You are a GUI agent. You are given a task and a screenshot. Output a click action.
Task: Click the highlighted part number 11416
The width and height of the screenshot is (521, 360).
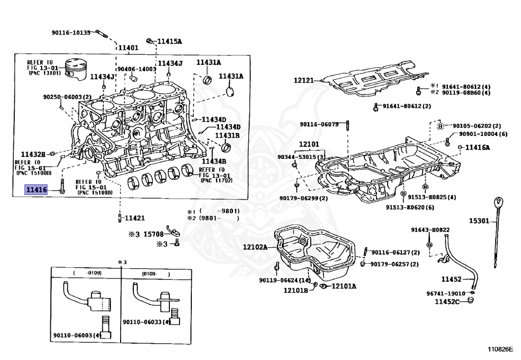tap(37, 190)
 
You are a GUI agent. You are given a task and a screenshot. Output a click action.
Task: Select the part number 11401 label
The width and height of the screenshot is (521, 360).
tap(128, 48)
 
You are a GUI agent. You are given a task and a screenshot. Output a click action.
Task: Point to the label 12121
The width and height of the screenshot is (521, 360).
tap(304, 80)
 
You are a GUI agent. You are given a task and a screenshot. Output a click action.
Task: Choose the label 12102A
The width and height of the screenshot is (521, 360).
tap(255, 247)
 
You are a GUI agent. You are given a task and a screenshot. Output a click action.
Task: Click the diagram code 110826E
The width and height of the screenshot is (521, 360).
tap(500, 349)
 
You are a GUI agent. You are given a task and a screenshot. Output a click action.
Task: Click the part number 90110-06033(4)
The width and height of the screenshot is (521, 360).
tap(147, 322)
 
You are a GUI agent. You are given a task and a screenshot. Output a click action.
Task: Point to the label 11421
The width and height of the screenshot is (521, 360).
tap(135, 218)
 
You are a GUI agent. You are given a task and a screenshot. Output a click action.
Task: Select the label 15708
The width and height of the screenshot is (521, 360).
tap(153, 235)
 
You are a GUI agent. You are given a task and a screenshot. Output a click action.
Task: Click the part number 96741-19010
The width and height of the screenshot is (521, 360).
tap(446, 293)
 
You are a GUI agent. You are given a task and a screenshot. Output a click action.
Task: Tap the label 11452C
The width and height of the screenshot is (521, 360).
tap(447, 302)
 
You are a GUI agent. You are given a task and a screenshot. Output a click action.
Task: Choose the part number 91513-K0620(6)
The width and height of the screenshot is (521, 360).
tap(410, 207)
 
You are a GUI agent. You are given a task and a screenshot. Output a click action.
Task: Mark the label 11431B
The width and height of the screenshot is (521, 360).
tap(227, 135)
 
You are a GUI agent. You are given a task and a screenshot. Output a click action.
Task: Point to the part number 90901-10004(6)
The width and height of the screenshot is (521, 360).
tap(483, 134)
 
